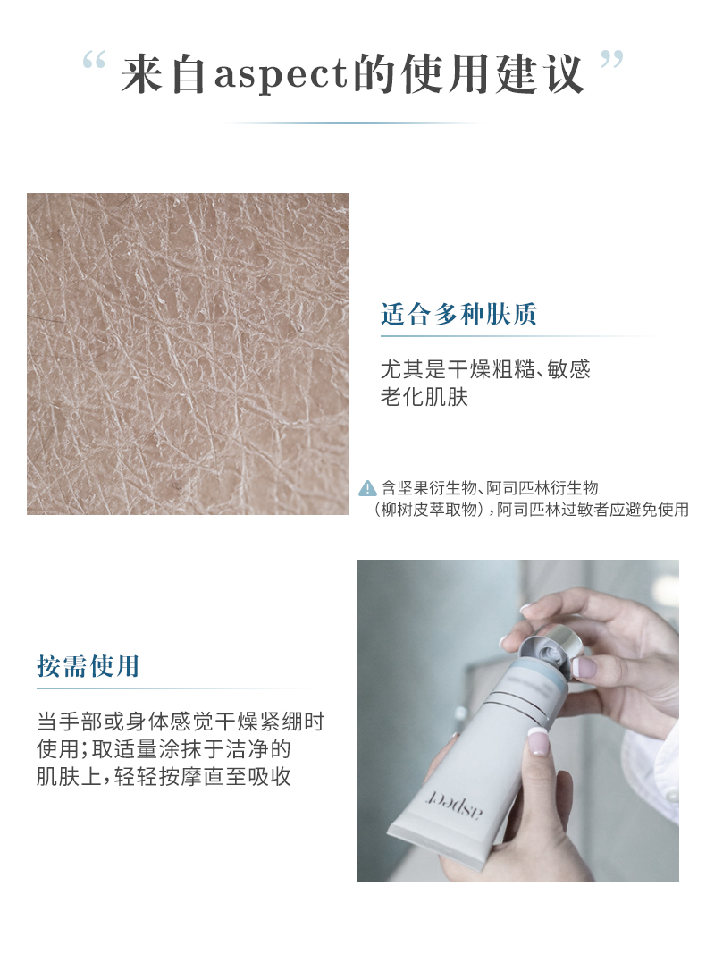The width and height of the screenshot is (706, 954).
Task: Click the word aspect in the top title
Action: tap(280, 75)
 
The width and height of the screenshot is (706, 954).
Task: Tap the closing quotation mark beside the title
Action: tap(612, 60)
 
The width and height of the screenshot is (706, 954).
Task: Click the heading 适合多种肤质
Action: tap(459, 314)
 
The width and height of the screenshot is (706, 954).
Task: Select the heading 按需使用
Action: tap(88, 665)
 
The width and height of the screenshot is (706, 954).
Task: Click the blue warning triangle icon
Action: tap(367, 488)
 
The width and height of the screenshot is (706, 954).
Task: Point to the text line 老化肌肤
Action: tap(424, 397)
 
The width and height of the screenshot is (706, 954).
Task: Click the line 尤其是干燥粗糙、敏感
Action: tap(485, 368)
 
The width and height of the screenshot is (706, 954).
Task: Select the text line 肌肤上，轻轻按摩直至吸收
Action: tap(164, 776)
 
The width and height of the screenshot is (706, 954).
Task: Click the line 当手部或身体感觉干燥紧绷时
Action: tap(181, 722)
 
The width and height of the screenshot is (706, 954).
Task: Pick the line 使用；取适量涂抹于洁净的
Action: tap(164, 749)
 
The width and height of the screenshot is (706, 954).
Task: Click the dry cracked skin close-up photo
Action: tap(188, 354)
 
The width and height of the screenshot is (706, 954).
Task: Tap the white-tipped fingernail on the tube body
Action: tap(538, 740)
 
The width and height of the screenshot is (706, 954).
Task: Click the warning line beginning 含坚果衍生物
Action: tap(490, 488)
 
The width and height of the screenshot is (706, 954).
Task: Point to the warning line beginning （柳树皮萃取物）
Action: tap(530, 510)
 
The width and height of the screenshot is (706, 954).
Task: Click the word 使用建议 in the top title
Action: tap(493, 75)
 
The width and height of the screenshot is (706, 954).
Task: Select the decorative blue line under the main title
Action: tap(355, 122)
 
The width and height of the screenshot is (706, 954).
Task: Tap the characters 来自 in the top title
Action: tap(164, 75)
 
